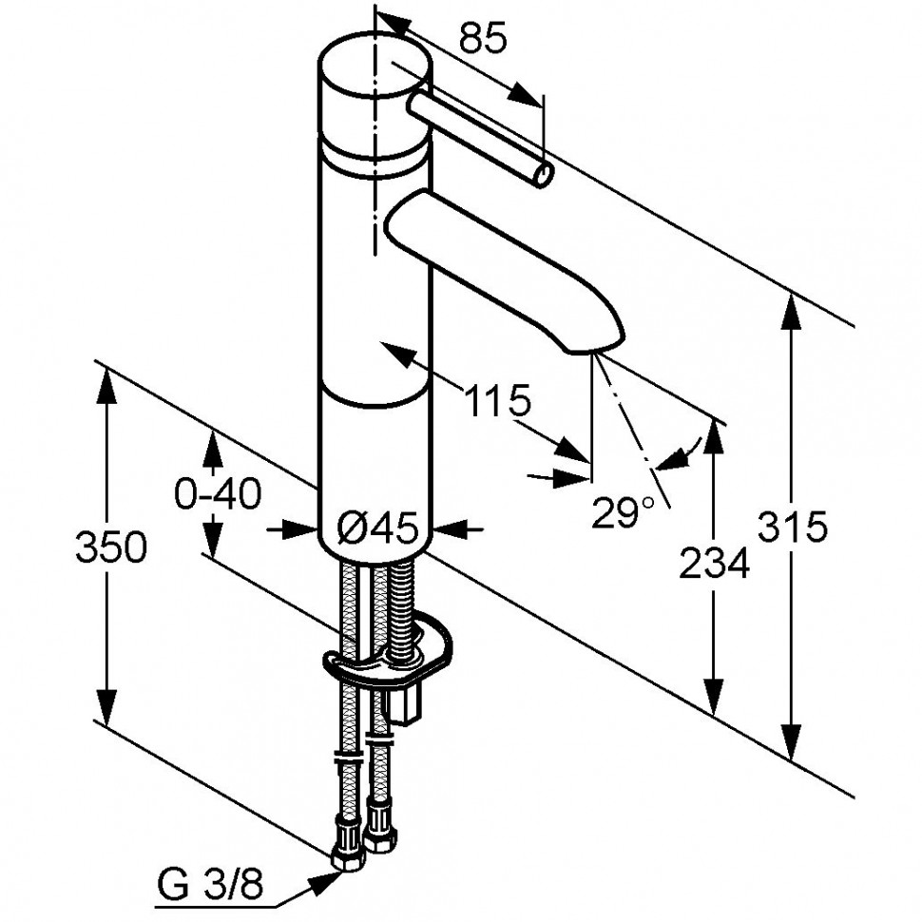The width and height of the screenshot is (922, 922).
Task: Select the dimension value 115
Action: tap(497, 402)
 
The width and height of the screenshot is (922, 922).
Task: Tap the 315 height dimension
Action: tap(792, 527)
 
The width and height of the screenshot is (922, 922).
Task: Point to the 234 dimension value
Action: tap(714, 563)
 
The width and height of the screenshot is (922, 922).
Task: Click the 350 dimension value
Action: tap(110, 547)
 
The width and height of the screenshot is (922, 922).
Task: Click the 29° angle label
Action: tap(623, 511)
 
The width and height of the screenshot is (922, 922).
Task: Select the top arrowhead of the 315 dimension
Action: tap(792, 313)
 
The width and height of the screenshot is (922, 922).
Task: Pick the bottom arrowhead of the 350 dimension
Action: tap(106, 704)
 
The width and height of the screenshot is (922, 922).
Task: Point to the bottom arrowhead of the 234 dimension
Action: tap(714, 696)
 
